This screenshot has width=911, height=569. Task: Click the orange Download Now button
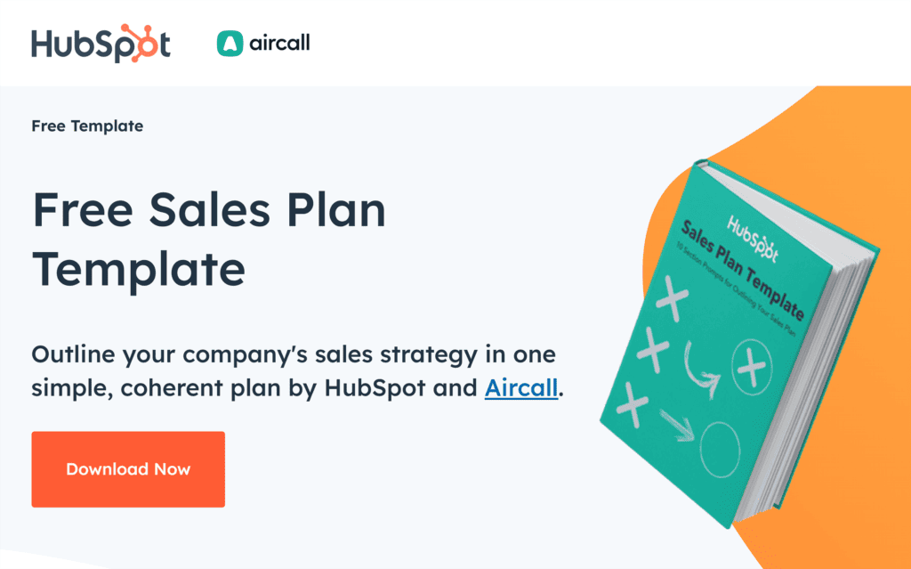tap(128, 469)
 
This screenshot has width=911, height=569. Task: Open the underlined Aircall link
tap(521, 388)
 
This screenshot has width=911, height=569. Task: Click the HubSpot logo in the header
tap(101, 44)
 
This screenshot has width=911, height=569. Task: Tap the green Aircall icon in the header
tap(230, 44)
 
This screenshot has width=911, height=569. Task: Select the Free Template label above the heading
tap(87, 126)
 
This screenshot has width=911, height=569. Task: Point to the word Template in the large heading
tap(139, 270)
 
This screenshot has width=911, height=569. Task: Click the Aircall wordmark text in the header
tap(279, 44)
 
